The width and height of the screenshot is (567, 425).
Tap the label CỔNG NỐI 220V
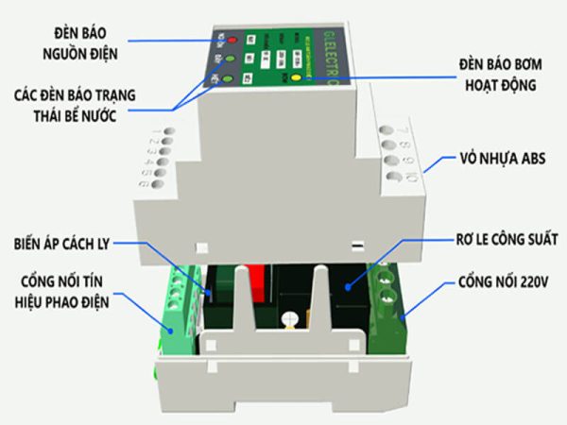click(x=507, y=281)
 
